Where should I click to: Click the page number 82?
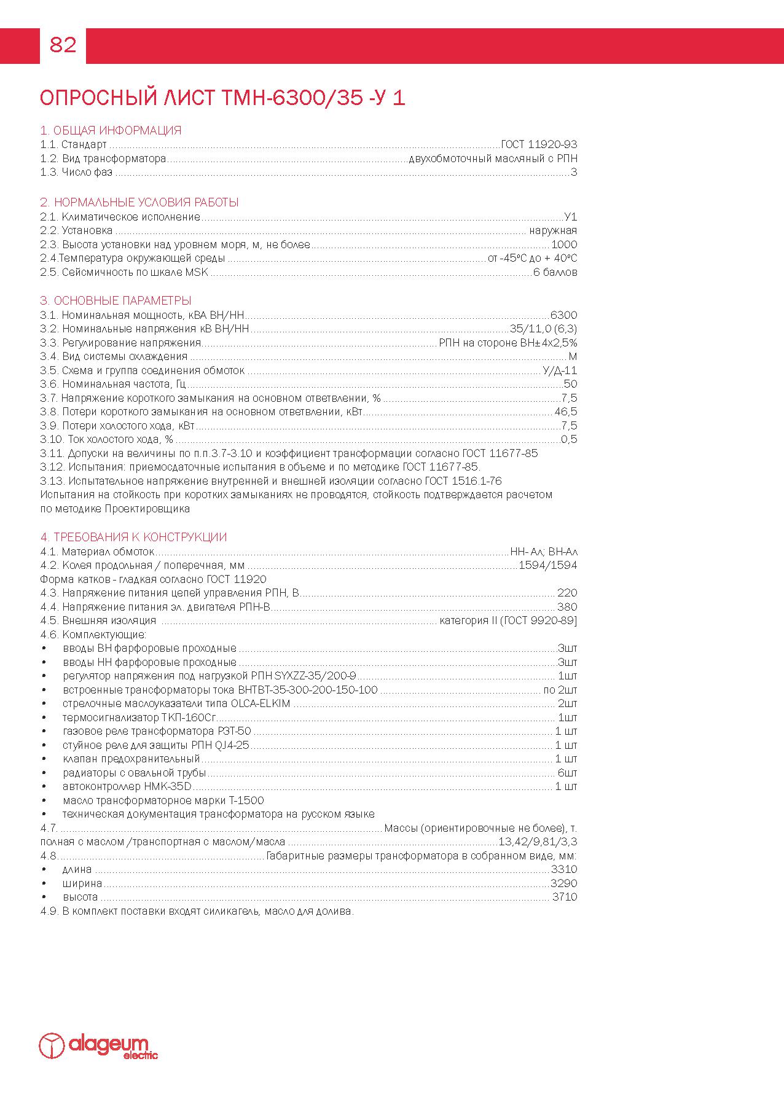click(x=63, y=45)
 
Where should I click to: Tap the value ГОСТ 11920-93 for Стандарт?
click(x=539, y=145)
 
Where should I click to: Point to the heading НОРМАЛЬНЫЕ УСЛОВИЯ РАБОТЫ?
click(x=139, y=203)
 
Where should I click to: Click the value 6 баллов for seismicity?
click(x=555, y=272)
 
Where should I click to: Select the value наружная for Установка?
click(x=553, y=231)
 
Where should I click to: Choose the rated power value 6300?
click(x=563, y=315)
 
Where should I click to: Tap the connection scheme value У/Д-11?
click(x=560, y=370)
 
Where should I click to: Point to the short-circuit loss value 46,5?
click(x=565, y=412)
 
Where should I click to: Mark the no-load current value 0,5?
click(x=569, y=439)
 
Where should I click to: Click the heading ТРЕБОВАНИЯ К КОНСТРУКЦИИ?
click(x=133, y=538)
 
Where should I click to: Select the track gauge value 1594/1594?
click(x=547, y=565)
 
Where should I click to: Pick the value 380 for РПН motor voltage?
click(x=567, y=607)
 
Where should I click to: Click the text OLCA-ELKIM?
click(x=260, y=703)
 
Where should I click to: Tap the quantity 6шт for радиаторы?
click(x=567, y=773)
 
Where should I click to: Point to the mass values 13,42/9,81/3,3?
click(x=538, y=842)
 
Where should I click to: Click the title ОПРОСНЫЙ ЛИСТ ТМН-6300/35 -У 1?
click(x=222, y=98)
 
